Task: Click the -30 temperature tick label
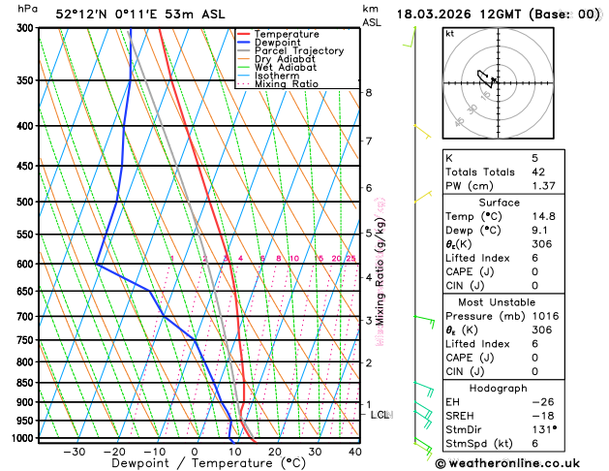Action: (74, 452)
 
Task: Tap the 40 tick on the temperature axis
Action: (355, 452)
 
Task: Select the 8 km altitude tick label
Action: (369, 92)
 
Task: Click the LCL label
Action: (381, 415)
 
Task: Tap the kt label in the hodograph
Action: (449, 33)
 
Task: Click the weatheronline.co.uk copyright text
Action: (518, 462)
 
